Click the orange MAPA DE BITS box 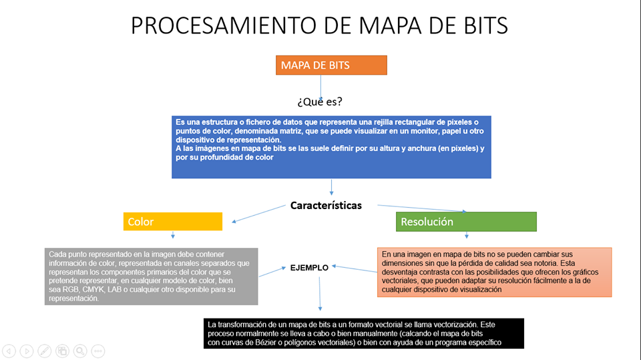331,65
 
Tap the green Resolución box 466,222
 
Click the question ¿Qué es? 320,102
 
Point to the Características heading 326,205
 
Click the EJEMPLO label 309,267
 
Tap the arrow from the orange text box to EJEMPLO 355,269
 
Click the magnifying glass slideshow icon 80,351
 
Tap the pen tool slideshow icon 44,351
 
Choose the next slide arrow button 26,351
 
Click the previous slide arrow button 9,351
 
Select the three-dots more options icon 98,351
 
